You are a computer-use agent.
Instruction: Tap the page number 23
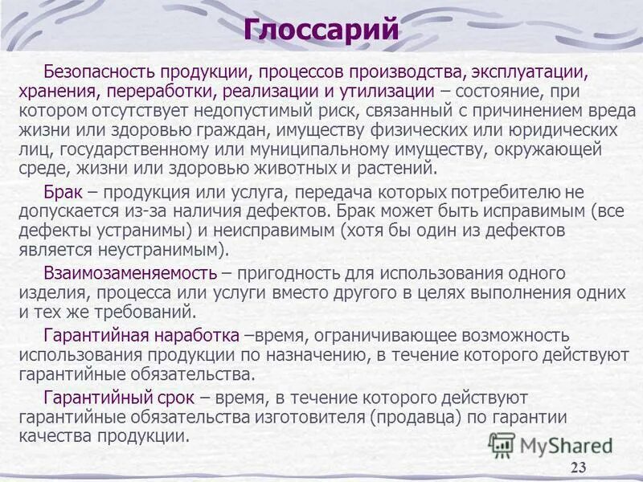pyautogui.click(x=578, y=469)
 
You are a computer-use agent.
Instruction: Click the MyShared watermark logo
pyautogui.click(x=551, y=445)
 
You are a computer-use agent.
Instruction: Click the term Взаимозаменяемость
pyautogui.click(x=131, y=275)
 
